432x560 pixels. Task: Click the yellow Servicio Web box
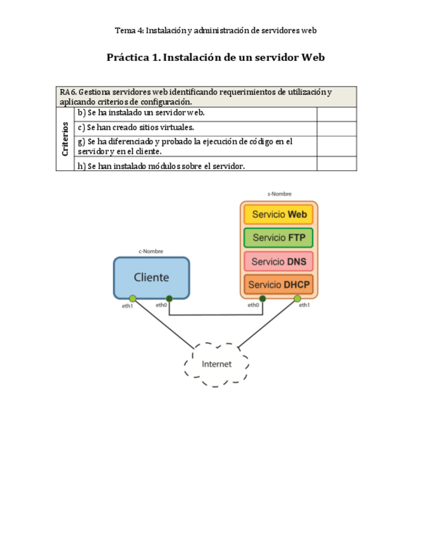coord(278,215)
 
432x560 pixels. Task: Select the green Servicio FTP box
coord(278,238)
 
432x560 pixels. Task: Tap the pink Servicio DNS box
coord(278,262)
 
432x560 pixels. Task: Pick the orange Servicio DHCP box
coord(278,285)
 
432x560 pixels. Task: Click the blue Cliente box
coord(152,277)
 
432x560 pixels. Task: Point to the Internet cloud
coord(216,364)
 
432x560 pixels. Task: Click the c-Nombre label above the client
coord(150,251)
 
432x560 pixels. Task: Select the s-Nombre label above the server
coord(279,194)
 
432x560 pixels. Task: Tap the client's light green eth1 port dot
coord(133,298)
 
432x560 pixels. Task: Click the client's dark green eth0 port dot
coord(170,298)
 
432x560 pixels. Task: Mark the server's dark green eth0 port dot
coord(262,298)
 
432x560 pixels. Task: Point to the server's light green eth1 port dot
coord(297,298)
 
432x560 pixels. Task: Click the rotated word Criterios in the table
coord(65,139)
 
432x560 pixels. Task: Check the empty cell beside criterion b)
coord(336,114)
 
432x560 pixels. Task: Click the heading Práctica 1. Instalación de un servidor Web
coord(216,57)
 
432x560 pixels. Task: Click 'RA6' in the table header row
coord(67,92)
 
